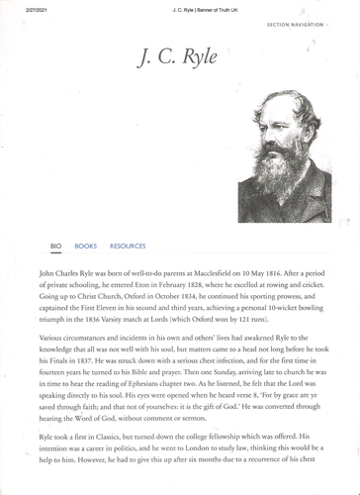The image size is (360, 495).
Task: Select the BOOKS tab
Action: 86,246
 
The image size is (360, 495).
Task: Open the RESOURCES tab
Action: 128,246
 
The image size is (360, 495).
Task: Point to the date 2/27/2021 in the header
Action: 24,6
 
